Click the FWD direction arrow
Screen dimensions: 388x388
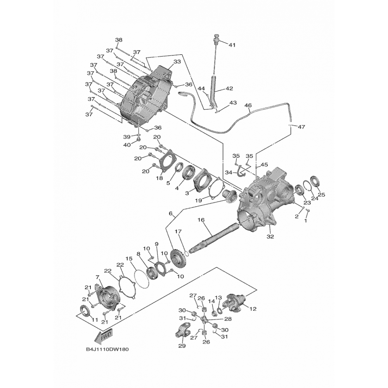coord(105,337)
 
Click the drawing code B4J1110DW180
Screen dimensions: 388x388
coord(107,349)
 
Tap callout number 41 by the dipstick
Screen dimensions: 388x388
coord(232,45)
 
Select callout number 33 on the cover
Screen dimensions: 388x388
coord(177,62)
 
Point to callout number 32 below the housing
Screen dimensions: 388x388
coord(270,236)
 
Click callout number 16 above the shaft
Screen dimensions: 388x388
coord(201,220)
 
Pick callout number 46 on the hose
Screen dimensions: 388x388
coord(248,105)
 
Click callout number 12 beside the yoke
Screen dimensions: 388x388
coord(253,309)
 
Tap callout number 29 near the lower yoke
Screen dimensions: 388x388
coord(181,345)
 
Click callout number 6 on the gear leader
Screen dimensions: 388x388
coord(170,214)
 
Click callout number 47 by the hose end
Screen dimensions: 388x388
coord(301,126)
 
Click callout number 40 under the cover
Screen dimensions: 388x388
coord(127,145)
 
